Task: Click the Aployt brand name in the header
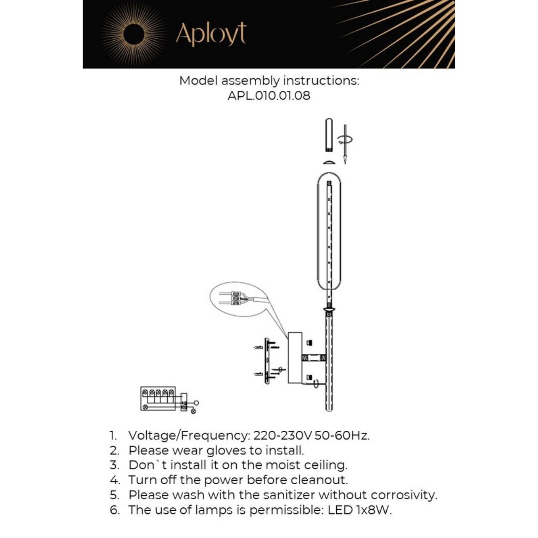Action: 211,34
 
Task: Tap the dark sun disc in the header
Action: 134,34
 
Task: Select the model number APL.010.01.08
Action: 269,96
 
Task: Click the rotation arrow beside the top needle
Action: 348,140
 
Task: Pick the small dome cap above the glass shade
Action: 329,162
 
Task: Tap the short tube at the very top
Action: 329,135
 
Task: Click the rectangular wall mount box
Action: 295,358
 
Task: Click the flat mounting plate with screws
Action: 266,361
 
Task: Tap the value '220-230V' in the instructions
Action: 282,435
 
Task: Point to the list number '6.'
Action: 115,510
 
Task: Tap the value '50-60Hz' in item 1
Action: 342,435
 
